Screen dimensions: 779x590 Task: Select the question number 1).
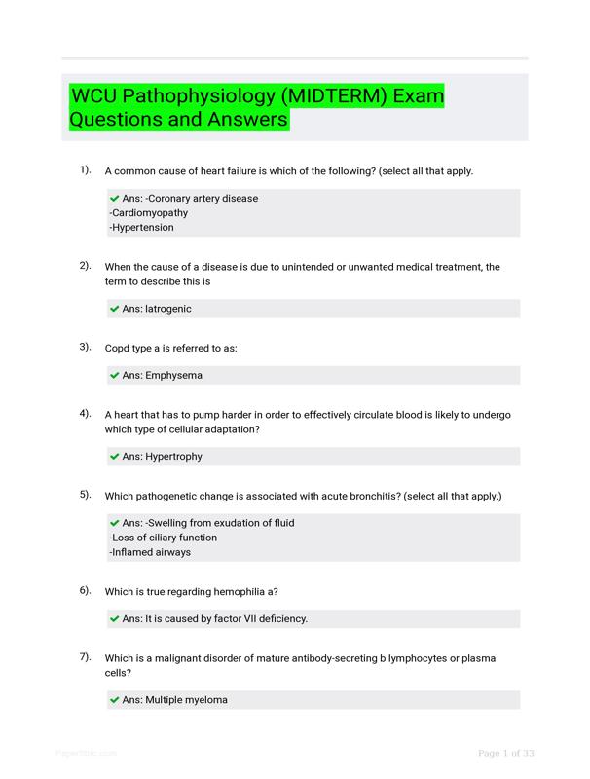coord(85,170)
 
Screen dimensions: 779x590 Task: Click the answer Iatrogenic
coord(168,309)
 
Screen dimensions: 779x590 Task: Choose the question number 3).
coord(85,346)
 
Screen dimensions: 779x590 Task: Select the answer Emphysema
coord(174,375)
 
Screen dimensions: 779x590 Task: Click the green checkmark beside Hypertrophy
coord(115,457)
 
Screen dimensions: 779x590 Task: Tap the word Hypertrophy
coord(174,457)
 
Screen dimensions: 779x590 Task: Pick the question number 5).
coord(85,495)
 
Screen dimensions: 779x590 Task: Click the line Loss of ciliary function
coord(164,538)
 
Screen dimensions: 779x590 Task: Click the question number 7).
coord(85,657)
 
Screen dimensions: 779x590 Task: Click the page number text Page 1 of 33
coord(505,753)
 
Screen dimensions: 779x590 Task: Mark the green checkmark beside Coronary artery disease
coord(115,199)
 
